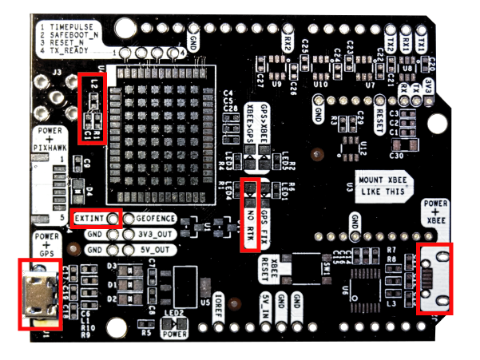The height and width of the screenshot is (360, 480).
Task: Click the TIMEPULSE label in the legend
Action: click(71, 26)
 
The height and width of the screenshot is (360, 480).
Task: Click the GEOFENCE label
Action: click(154, 218)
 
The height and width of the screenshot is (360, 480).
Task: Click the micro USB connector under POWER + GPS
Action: click(38, 295)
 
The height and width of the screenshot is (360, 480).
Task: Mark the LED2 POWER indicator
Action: click(175, 327)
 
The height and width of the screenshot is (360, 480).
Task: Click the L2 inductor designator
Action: click(93, 82)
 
